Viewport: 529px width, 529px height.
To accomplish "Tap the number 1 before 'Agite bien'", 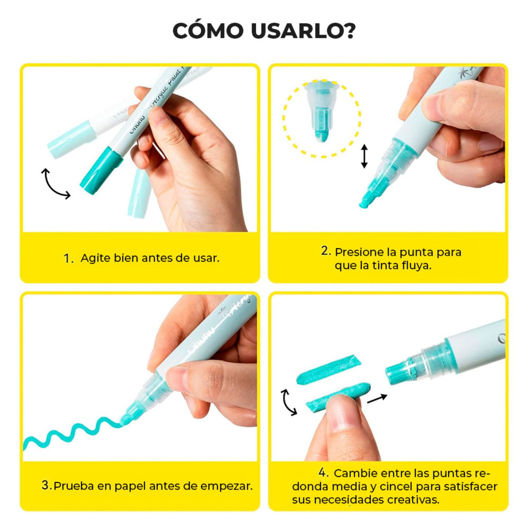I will [68, 258].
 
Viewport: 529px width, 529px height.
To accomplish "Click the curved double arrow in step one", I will [55, 184].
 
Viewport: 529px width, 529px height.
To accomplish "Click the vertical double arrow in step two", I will [364, 157].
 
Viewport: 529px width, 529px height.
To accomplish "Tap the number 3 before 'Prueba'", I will [46, 485].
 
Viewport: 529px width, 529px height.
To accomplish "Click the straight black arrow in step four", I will [377, 398].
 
